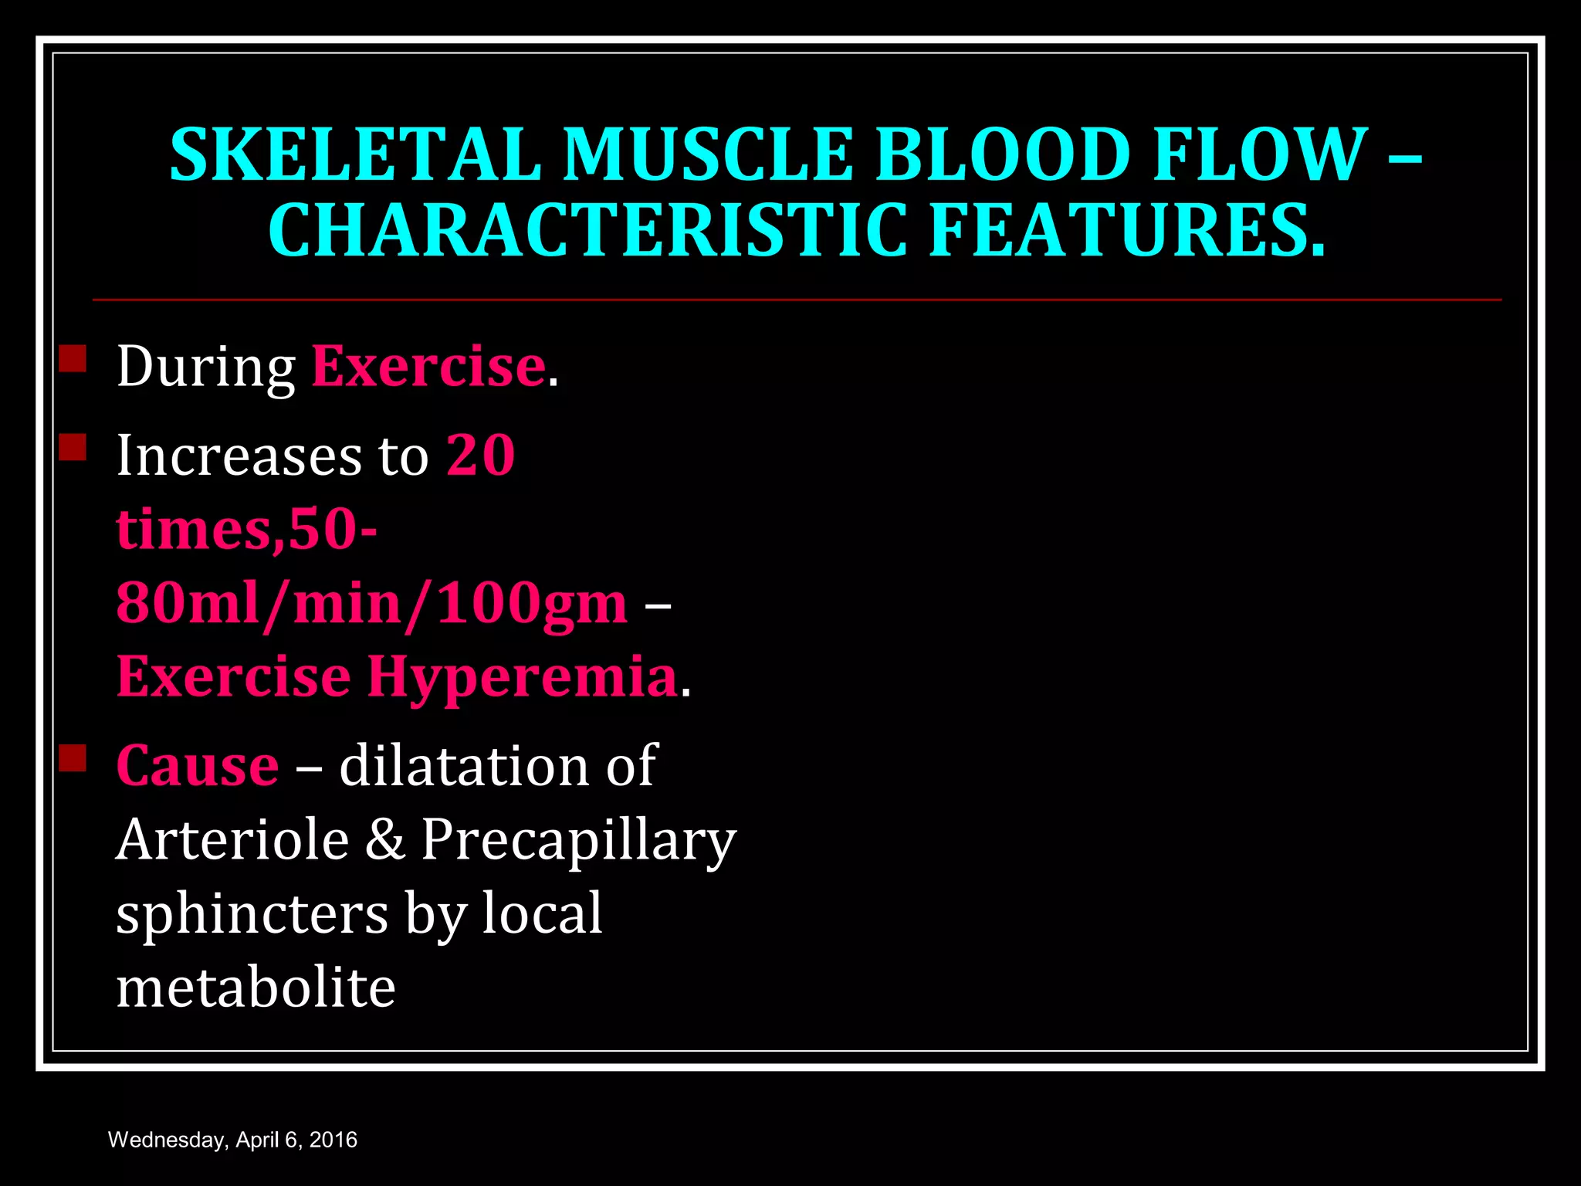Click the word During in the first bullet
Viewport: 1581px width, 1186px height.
click(x=206, y=367)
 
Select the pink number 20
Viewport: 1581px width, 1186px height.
click(x=480, y=455)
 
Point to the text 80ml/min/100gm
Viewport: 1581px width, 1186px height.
click(x=371, y=603)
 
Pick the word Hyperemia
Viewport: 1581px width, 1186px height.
click(x=523, y=677)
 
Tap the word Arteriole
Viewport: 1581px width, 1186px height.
click(x=232, y=839)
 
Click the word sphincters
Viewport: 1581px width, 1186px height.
click(x=252, y=914)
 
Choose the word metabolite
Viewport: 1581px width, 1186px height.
click(x=256, y=988)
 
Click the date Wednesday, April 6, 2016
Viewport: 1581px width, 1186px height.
click(x=232, y=1140)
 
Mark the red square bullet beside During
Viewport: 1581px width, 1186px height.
click(x=73, y=359)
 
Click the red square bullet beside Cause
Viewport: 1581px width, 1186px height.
click(x=73, y=758)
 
